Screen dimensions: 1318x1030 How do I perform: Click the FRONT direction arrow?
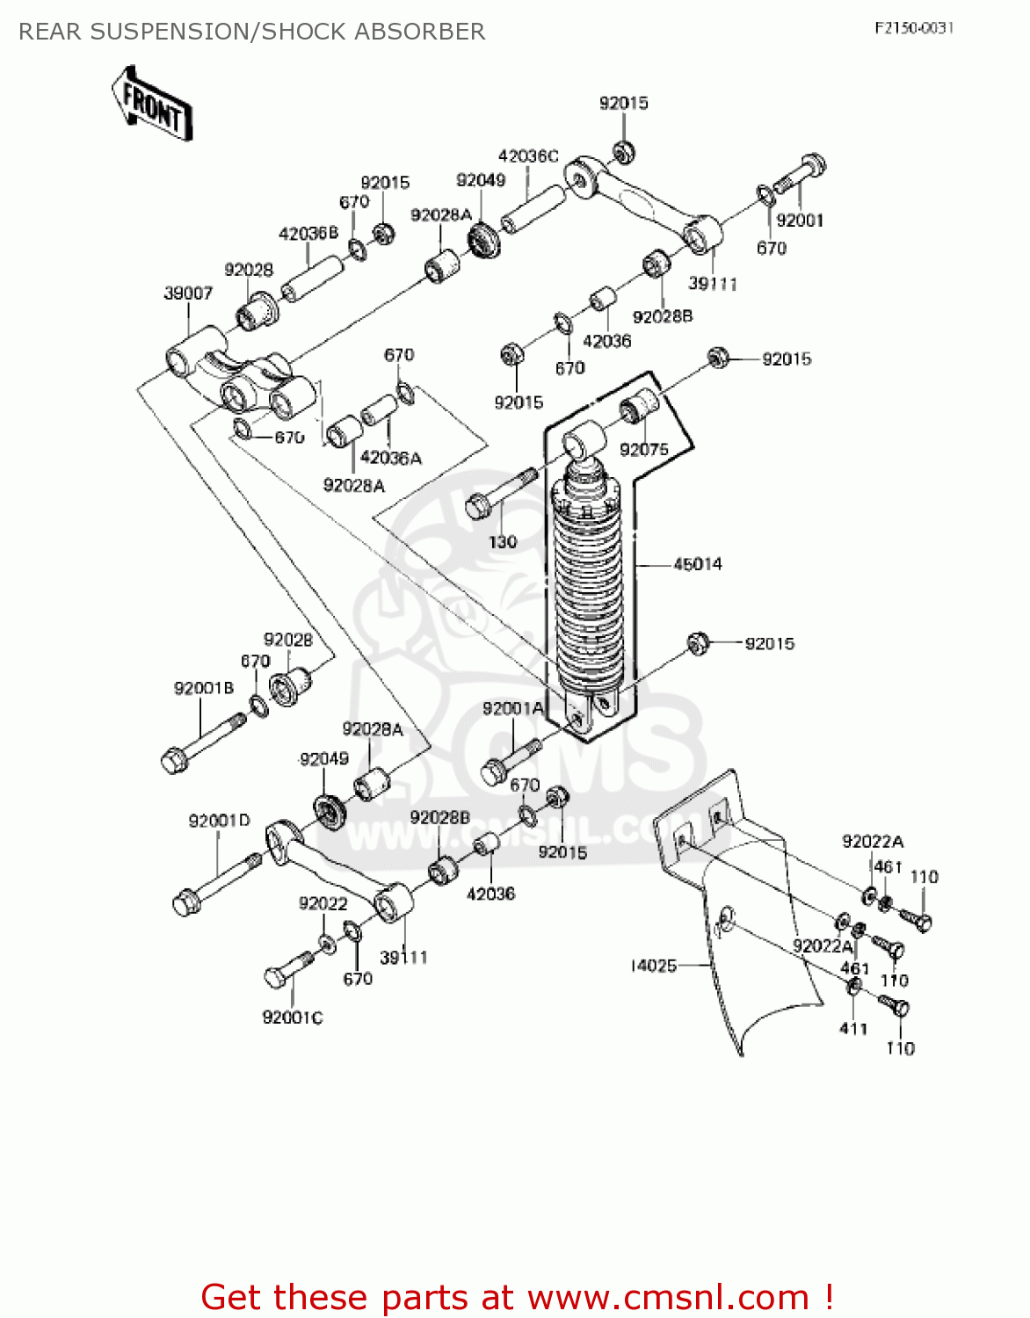tap(152, 104)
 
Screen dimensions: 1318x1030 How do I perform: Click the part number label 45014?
tap(697, 564)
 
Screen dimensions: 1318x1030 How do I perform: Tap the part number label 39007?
tap(188, 293)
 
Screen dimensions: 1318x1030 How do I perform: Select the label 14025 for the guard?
tap(654, 966)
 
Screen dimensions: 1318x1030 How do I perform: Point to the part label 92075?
tap(644, 450)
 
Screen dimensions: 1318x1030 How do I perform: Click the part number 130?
tap(503, 542)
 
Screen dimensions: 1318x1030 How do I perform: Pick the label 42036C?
tap(528, 156)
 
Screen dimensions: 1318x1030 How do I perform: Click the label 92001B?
tap(204, 688)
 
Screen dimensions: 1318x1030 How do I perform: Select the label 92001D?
tap(219, 821)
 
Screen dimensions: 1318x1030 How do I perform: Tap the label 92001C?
tap(293, 1017)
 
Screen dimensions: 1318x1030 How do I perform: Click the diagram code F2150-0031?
tap(914, 28)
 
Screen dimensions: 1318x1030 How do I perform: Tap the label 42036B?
tap(308, 234)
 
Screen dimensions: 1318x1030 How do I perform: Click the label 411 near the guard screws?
tap(853, 1028)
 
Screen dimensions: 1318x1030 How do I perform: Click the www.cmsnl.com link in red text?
tap(668, 1297)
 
